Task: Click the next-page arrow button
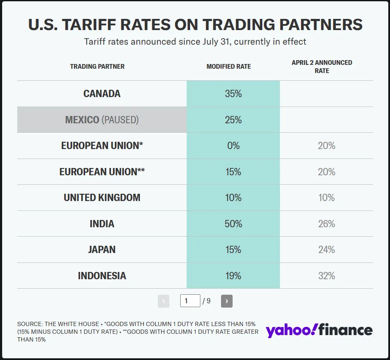click(227, 301)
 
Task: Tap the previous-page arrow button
click(163, 301)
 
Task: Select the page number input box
click(190, 301)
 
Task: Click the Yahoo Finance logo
click(319, 330)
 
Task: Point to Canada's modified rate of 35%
click(233, 94)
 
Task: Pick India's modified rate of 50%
click(233, 224)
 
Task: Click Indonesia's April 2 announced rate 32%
click(326, 276)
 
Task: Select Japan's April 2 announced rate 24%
click(326, 250)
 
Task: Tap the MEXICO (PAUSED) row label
click(102, 120)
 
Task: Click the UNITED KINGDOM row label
click(102, 198)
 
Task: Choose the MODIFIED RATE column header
click(229, 67)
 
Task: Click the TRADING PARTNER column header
click(97, 67)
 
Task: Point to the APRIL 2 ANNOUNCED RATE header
click(322, 67)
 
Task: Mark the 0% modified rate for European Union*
click(233, 146)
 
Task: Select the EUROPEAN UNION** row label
click(102, 172)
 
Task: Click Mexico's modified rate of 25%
click(233, 120)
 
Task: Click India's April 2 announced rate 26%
click(326, 224)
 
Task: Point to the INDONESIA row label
click(102, 276)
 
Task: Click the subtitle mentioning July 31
click(195, 42)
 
